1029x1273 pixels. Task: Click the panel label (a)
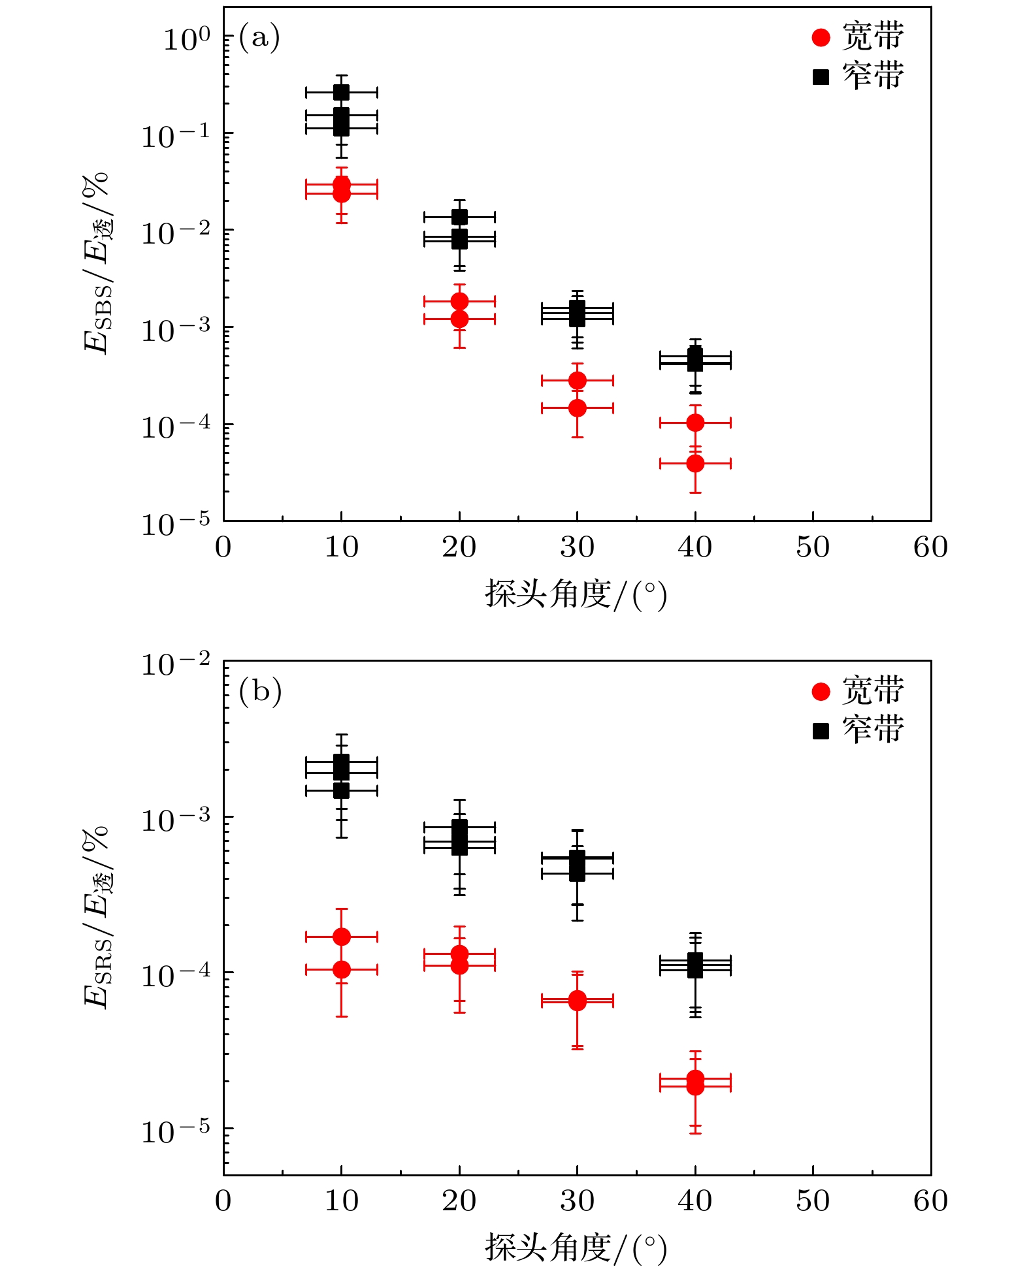pyautogui.click(x=259, y=37)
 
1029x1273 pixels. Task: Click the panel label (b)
pyautogui.click(x=260, y=691)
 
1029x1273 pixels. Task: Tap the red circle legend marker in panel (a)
pyautogui.click(x=821, y=38)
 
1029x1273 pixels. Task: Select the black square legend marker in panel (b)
pyautogui.click(x=821, y=731)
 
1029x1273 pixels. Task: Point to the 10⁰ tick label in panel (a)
pyautogui.click(x=187, y=39)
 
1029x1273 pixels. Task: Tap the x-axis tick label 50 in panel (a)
pyautogui.click(x=813, y=547)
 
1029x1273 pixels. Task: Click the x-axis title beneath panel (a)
pyautogui.click(x=576, y=594)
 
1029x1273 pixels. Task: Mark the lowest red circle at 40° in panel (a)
pyautogui.click(x=695, y=464)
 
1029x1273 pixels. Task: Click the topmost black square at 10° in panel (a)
pyautogui.click(x=341, y=92)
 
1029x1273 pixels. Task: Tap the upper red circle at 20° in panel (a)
pyautogui.click(x=459, y=301)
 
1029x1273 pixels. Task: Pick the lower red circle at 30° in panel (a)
pyautogui.click(x=577, y=408)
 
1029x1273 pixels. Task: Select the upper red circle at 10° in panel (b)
pyautogui.click(x=341, y=937)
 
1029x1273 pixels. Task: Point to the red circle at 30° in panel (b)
pyautogui.click(x=577, y=1000)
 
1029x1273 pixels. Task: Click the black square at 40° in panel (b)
pyautogui.click(x=695, y=965)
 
